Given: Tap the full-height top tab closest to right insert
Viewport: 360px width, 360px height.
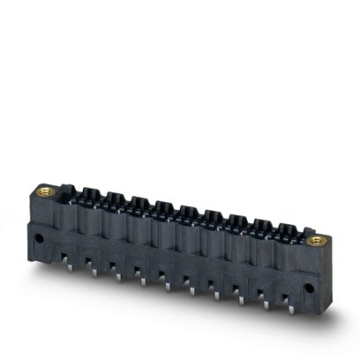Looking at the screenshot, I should pos(286,231).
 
